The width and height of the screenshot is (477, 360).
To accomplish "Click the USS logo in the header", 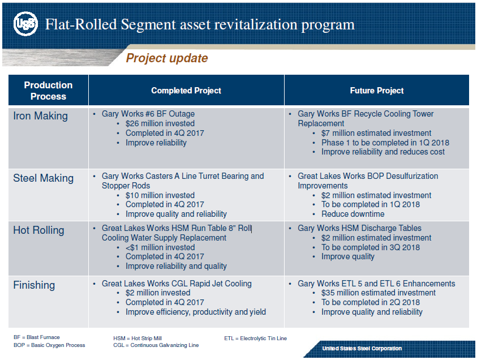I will [x=25, y=24].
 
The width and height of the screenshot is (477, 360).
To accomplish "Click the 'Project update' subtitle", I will [x=166, y=58].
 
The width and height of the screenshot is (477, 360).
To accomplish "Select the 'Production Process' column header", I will [x=48, y=91].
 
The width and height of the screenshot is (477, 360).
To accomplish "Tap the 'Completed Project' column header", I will [x=186, y=91].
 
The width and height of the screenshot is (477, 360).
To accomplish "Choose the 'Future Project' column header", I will [x=377, y=91].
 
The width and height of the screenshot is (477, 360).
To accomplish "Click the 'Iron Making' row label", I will [x=40, y=116].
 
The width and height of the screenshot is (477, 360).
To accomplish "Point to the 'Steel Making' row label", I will [x=44, y=178].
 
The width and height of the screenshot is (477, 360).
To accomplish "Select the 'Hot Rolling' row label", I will [x=38, y=230].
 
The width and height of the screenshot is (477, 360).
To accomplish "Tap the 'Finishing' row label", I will [x=34, y=285].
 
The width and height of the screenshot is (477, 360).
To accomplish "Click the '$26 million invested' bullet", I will [x=160, y=123].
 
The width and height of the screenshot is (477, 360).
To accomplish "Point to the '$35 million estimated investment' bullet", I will [x=379, y=293].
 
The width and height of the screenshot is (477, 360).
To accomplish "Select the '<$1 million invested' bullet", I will [x=160, y=247].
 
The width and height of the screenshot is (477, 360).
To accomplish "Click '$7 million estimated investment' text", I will [x=376, y=133].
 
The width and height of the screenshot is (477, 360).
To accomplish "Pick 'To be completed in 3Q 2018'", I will [x=371, y=247].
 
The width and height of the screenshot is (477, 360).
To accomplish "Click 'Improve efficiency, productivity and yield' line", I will [x=196, y=312].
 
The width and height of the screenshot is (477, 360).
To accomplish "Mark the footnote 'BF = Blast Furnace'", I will [x=37, y=337].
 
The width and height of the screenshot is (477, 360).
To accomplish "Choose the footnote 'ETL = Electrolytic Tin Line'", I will [x=256, y=338].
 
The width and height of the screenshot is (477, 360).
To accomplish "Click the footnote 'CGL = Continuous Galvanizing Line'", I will [x=156, y=345].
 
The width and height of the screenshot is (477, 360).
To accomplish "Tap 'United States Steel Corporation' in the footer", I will [x=362, y=349].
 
